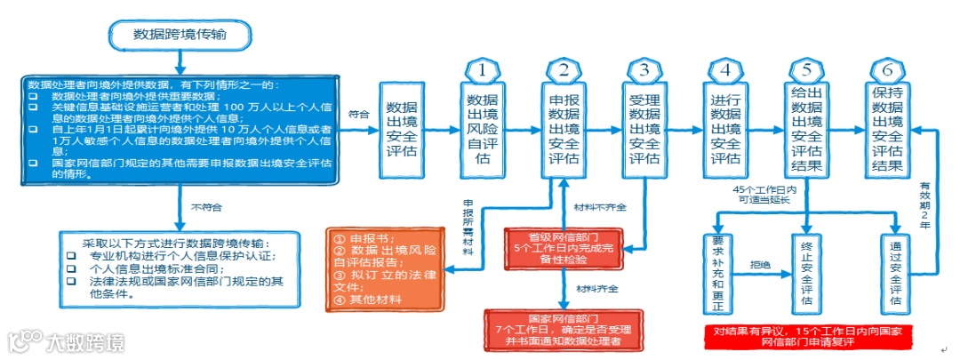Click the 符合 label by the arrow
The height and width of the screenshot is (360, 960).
pyautogui.click(x=358, y=115)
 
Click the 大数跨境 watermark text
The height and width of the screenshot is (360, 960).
pyautogui.click(x=85, y=341)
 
